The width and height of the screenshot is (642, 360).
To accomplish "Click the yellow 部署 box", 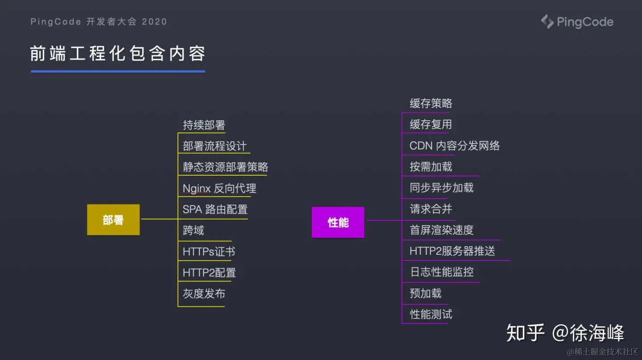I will click(113, 219).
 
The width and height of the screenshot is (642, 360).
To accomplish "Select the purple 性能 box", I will click(338, 222).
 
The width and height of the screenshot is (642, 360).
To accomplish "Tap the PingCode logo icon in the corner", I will click(547, 21).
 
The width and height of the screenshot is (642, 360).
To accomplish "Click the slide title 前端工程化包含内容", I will click(118, 54).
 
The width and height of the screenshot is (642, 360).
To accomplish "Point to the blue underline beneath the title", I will click(118, 71).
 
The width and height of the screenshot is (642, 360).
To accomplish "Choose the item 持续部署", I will click(204, 125).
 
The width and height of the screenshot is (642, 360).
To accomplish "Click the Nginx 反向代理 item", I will click(219, 188).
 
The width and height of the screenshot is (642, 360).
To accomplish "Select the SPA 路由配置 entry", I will click(215, 209).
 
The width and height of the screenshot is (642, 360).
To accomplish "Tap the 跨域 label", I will click(193, 230).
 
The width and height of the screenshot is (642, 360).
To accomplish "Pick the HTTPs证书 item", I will click(209, 252).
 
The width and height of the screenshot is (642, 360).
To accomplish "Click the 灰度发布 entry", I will click(204, 294).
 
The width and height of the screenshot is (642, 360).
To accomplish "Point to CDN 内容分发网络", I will click(454, 146).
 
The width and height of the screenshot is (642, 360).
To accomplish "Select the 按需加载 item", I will click(431, 167).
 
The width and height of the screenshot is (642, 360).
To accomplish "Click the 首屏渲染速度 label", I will click(441, 230).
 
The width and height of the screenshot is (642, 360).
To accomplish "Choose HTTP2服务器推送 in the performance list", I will click(452, 251).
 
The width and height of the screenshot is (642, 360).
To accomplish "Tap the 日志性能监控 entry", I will click(441, 272).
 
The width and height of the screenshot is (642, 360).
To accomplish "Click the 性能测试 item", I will click(431, 314).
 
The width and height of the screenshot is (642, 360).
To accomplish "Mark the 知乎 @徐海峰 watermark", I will click(565, 333).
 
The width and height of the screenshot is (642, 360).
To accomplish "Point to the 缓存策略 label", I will click(431, 103).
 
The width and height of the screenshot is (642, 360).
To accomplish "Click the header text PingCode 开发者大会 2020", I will click(99, 21).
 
